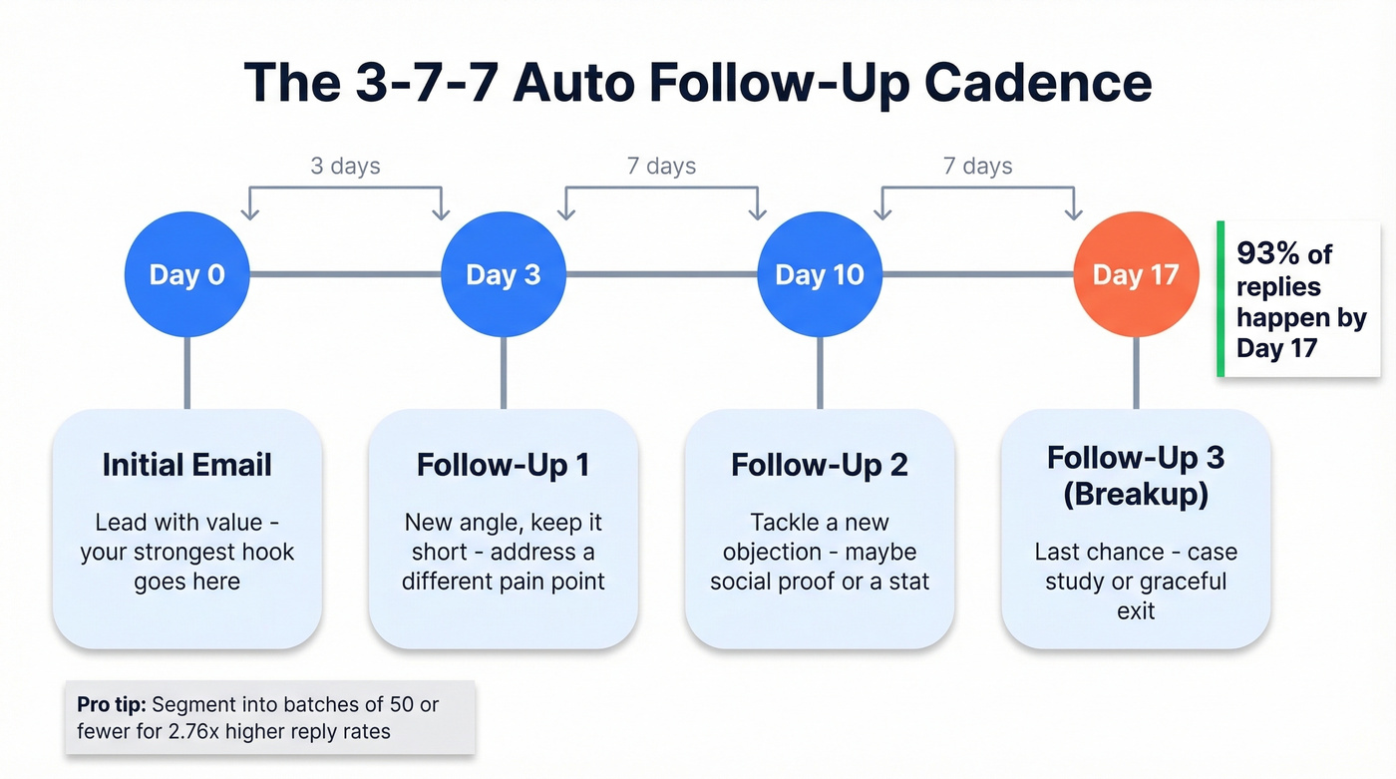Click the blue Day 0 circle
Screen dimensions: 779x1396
(186, 274)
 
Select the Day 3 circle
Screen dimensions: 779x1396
(504, 274)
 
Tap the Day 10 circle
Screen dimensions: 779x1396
(820, 274)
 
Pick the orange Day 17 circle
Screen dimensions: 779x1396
(1136, 274)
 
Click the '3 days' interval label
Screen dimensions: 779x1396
(345, 166)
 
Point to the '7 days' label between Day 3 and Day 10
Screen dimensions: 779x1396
(661, 166)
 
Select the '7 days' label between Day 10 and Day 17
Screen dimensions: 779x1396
(977, 166)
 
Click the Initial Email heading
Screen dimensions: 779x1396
(186, 465)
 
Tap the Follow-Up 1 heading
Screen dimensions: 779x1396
(503, 465)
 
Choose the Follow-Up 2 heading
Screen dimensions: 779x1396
(820, 465)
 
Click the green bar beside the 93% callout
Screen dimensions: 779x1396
(1220, 299)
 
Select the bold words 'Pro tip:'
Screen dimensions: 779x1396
(112, 704)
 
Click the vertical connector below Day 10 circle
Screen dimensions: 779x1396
(820, 372)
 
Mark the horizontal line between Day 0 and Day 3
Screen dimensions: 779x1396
(345, 274)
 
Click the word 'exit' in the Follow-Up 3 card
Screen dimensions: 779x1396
(1136, 610)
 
